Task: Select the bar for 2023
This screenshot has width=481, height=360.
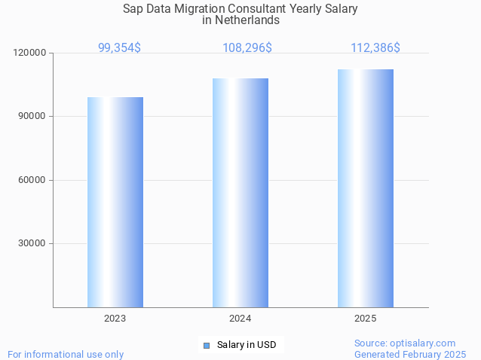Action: click(115, 202)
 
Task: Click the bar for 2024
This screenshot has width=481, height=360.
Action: click(240, 193)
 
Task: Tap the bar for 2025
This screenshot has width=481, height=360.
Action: click(366, 188)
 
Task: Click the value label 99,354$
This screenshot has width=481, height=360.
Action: click(119, 47)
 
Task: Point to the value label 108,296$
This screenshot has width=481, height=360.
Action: click(247, 47)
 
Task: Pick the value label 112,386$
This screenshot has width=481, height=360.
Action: click(375, 47)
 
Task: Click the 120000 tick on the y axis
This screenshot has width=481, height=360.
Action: click(30, 53)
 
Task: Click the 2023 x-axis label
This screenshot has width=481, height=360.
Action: click(115, 319)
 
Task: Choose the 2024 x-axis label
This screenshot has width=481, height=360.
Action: click(240, 319)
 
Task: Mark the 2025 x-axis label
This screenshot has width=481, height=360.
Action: click(366, 319)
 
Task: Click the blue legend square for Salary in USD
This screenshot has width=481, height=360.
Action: click(207, 345)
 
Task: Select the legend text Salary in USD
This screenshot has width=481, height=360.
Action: click(247, 345)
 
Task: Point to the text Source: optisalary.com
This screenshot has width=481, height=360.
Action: click(405, 343)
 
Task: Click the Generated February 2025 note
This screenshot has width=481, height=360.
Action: click(410, 354)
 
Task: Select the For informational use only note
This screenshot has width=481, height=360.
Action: click(66, 354)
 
